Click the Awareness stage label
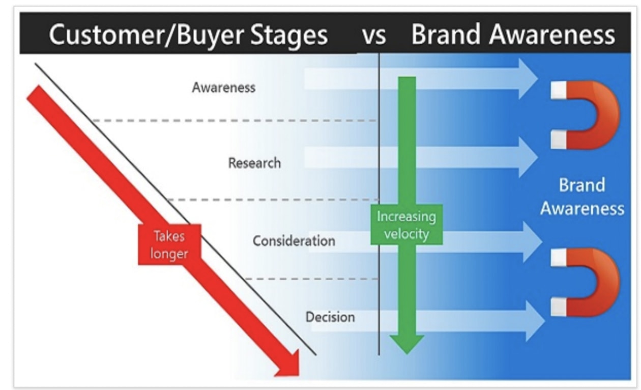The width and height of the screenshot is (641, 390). (223, 88)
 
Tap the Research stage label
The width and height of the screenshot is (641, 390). (254, 163)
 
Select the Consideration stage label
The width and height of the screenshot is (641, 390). (294, 240)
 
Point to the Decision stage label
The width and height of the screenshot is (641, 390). (330, 317)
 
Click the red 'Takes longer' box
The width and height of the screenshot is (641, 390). (169, 245)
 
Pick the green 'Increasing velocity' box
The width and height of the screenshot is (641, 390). (406, 225)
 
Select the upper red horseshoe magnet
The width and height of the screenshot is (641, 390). (585, 114)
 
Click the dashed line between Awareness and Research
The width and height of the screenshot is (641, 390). (234, 121)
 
